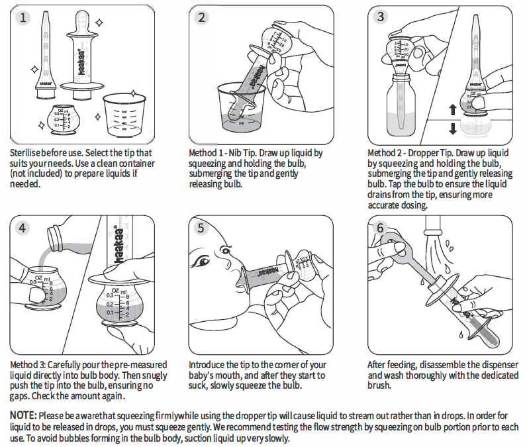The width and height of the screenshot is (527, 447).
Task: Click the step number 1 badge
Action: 24,18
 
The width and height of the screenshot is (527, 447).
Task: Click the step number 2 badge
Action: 203,18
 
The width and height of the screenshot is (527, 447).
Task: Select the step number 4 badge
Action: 24,228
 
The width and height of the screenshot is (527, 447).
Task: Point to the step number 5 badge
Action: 203,228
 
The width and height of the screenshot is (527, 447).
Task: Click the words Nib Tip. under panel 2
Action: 241,153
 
